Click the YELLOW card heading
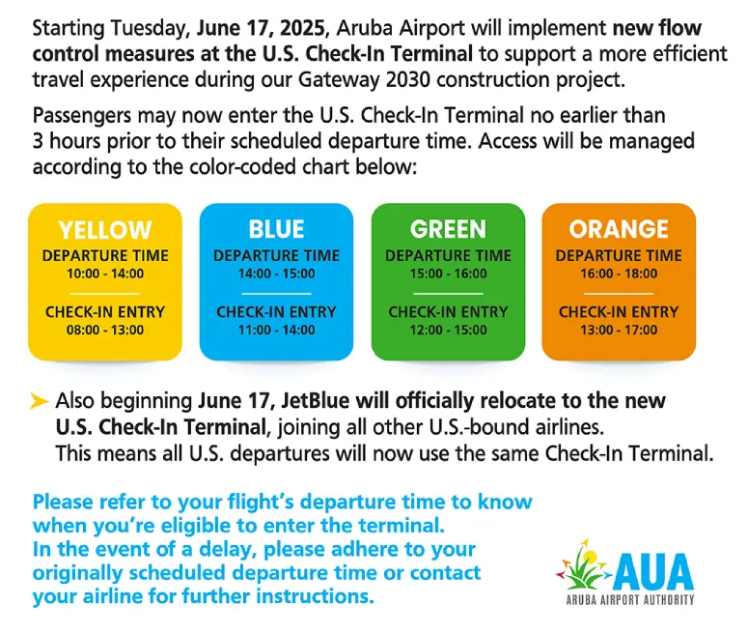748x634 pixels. (105, 230)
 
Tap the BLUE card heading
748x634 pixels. (276, 229)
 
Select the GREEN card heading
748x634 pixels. (448, 229)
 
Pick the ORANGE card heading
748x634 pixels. (619, 229)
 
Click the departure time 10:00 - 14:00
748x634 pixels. (105, 274)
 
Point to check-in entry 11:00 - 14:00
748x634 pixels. (277, 330)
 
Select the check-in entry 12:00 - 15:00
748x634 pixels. (449, 330)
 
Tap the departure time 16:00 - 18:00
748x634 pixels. (619, 274)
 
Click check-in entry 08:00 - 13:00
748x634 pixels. (105, 330)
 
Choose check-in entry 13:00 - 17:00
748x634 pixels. (619, 330)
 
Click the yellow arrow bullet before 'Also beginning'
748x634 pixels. (40, 401)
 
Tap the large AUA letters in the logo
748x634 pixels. (653, 571)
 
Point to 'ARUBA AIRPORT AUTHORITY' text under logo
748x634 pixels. (629, 599)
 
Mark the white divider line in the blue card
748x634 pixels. (277, 294)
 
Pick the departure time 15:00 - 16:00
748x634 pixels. (449, 274)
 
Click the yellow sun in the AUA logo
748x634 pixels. (590, 557)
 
